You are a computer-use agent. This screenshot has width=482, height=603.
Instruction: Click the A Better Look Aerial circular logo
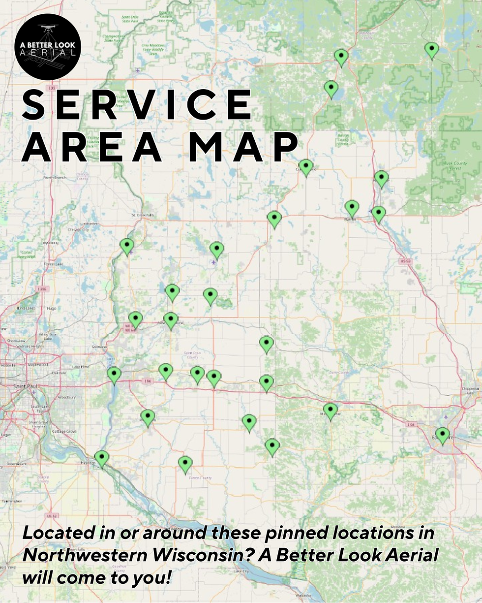click(48, 47)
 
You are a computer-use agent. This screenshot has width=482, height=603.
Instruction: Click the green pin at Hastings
click(102, 458)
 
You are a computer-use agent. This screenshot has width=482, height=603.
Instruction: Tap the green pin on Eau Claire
click(443, 435)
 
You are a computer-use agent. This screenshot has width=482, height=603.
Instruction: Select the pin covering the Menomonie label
click(331, 410)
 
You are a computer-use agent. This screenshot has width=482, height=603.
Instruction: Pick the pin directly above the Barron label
click(352, 208)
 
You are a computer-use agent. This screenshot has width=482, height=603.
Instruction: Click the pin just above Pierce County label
click(185, 464)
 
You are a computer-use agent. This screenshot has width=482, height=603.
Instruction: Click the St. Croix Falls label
click(143, 215)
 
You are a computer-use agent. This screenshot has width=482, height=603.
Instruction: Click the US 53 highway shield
click(405, 260)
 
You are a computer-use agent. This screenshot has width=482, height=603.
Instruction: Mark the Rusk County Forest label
click(448, 165)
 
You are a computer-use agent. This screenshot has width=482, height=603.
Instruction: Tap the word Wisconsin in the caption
click(207, 555)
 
